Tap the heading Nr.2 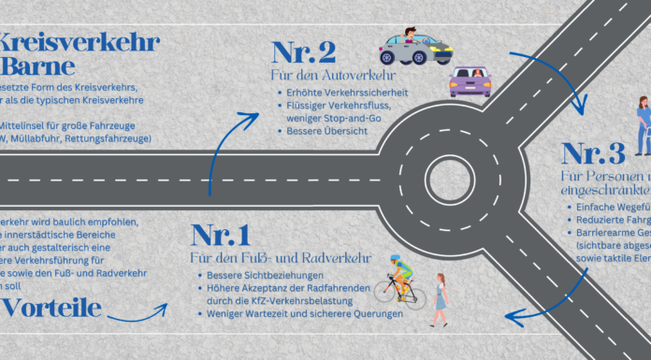click(x=304, y=52)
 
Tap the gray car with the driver click(x=412, y=47)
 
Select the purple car click(x=470, y=82)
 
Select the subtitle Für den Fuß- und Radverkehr click(x=281, y=257)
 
